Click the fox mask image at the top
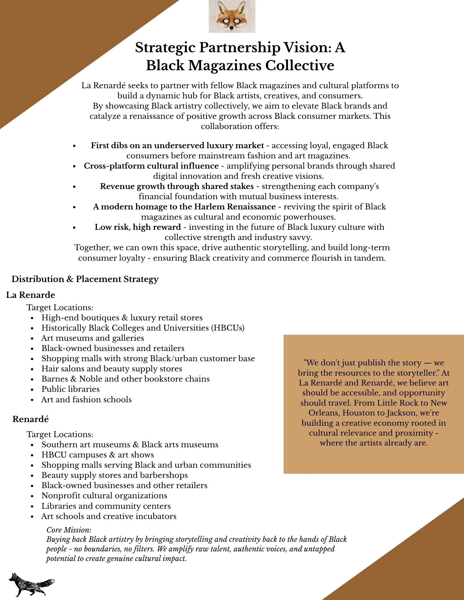(232, 16)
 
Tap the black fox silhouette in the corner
(31, 584)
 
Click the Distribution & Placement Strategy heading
(85, 279)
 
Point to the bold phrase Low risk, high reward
(138, 227)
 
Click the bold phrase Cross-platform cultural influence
(151, 166)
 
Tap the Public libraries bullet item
(70, 389)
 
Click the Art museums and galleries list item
(92, 338)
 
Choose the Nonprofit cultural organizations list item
(104, 496)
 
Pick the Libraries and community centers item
(106, 506)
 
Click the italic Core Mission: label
(69, 530)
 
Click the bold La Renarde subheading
(30, 295)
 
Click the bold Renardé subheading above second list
(30, 419)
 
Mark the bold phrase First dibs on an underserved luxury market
(177, 145)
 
